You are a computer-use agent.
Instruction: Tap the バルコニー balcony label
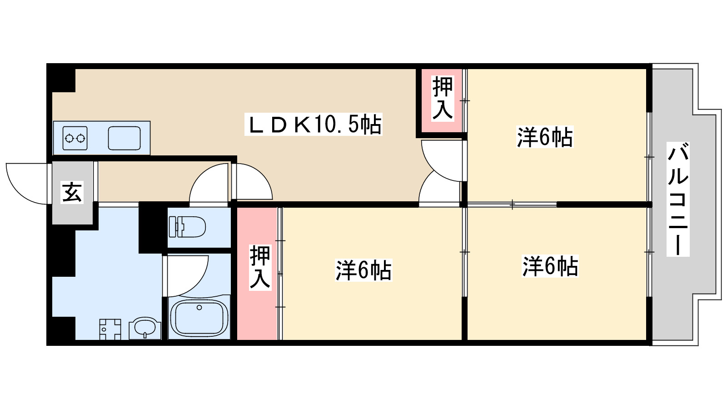677,199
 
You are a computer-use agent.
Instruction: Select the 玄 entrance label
72,192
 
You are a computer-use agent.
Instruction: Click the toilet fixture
187,226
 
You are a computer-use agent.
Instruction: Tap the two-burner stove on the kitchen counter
75,137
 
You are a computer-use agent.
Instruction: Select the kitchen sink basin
124,137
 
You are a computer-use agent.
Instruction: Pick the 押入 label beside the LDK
442,98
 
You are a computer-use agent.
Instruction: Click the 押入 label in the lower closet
260,267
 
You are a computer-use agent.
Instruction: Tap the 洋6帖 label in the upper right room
544,137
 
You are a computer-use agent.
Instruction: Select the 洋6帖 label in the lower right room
550,266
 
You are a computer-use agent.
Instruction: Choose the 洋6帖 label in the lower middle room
363,270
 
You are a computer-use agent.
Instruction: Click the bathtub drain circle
199,308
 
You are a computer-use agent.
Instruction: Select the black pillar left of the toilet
152,228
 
